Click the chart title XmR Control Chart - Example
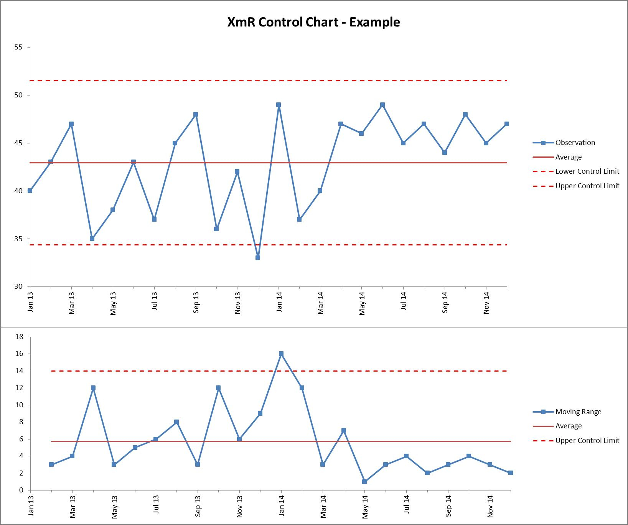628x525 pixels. [x=313, y=22]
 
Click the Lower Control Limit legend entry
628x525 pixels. [x=576, y=171]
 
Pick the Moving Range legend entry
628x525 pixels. [x=567, y=412]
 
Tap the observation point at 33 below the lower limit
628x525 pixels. [x=258, y=258]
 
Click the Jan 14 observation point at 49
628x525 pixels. [x=279, y=105]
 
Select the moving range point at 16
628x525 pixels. [x=281, y=354]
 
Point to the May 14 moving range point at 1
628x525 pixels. [x=364, y=482]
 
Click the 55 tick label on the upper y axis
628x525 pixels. [x=19, y=47]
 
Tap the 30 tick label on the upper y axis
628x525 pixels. [x=19, y=286]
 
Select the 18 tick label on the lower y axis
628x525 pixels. [x=19, y=337]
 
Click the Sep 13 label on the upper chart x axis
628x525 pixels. [x=196, y=303]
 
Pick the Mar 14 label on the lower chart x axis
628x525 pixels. [x=323, y=506]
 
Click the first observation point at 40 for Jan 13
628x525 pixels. [x=30, y=191]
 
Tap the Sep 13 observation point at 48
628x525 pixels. [x=196, y=114]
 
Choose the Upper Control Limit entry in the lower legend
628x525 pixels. [x=576, y=441]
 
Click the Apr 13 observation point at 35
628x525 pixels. [x=92, y=239]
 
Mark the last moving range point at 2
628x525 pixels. [x=511, y=473]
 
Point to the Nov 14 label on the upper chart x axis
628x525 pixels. [x=486, y=303]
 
